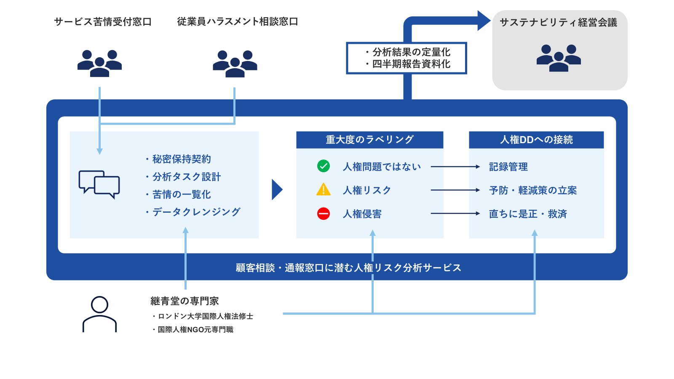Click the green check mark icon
click(324, 166)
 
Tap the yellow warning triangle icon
click(324, 190)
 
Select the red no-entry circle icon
click(324, 214)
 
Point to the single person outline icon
click(99, 314)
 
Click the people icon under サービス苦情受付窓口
click(99, 63)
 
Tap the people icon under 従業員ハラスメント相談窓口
click(235, 64)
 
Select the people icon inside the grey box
click(559, 58)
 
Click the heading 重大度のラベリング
click(370, 139)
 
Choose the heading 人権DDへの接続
click(536, 140)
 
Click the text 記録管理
click(508, 167)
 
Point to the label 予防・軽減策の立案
click(533, 190)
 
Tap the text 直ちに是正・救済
click(528, 214)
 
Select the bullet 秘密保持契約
click(182, 159)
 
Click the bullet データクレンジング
click(196, 212)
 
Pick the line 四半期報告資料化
click(411, 64)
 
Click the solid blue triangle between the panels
click(277, 189)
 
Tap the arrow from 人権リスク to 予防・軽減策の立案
click(455, 190)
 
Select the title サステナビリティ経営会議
click(558, 22)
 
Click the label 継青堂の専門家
click(185, 301)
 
